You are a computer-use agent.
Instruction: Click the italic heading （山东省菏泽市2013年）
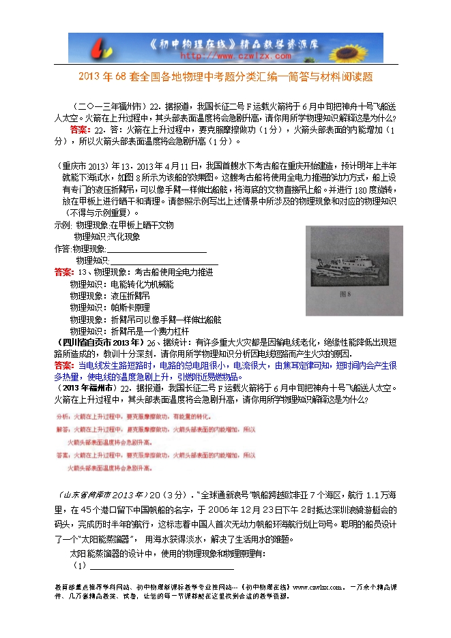click(x=101, y=494)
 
